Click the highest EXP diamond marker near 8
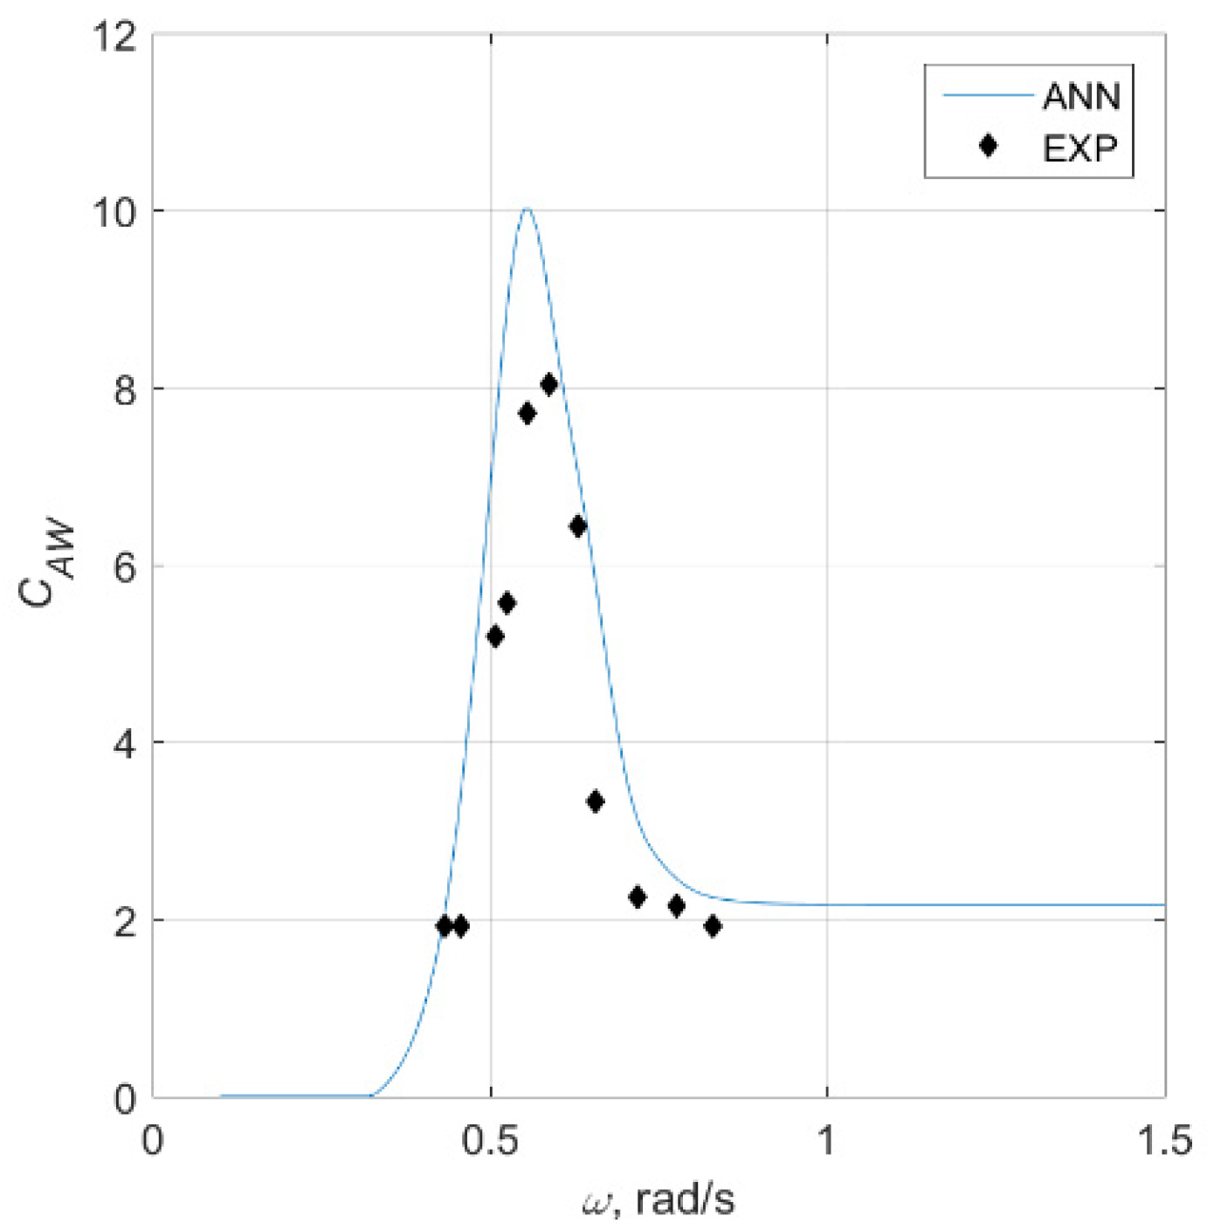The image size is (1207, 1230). [548, 384]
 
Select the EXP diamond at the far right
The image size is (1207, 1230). [713, 926]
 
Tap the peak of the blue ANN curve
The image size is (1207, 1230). [526, 209]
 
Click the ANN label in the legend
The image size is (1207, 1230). [1081, 96]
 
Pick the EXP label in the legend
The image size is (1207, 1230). [1080, 148]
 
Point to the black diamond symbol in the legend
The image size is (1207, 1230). [988, 146]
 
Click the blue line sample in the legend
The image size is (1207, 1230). [988, 94]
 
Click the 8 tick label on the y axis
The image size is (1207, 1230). [126, 389]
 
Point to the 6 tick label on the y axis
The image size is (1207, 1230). [126, 567]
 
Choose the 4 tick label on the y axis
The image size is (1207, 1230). [126, 745]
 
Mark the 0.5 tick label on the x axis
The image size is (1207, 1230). [490, 1140]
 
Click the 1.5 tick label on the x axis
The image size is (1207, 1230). [1165, 1140]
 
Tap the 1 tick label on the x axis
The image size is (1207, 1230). [826, 1140]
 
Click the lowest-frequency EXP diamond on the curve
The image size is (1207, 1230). [445, 926]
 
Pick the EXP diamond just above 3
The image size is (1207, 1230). [596, 801]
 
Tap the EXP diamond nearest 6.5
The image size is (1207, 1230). [577, 526]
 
